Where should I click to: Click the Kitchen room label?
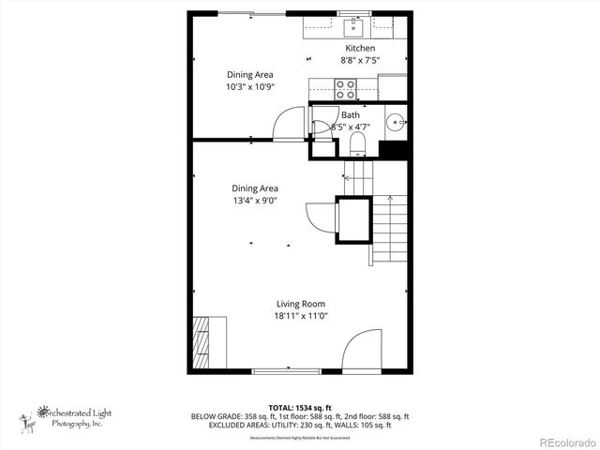point(360,49)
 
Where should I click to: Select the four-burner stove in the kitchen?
point(345,89)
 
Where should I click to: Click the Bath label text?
point(350,114)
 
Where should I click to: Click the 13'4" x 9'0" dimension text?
point(255,201)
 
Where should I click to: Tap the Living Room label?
point(300,303)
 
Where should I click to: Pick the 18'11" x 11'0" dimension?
point(300,316)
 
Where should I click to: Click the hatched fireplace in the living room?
point(202,343)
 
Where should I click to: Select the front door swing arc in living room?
point(358,351)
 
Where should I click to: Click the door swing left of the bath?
point(290,122)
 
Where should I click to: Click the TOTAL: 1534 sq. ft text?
point(300,407)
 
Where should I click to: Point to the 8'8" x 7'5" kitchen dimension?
point(360,61)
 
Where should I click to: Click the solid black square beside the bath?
point(393,149)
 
